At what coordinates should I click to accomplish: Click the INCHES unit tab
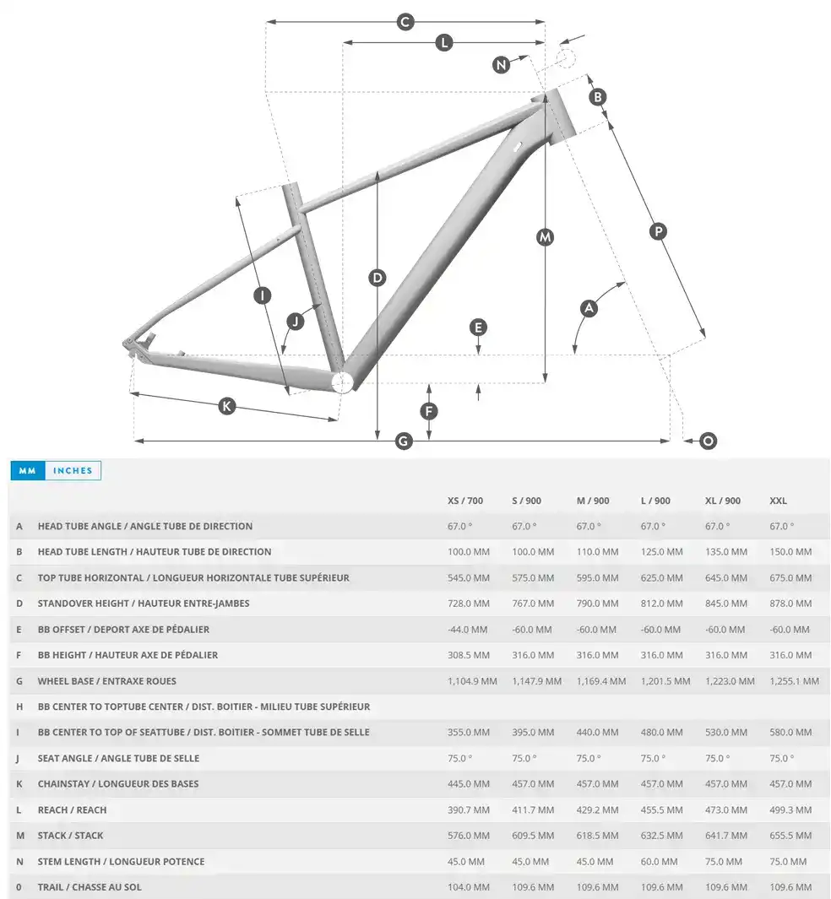click(72, 470)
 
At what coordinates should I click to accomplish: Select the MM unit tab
click(27, 470)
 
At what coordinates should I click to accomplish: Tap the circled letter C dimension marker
click(405, 22)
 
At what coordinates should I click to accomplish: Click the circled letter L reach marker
click(444, 43)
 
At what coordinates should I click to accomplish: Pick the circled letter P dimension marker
click(658, 230)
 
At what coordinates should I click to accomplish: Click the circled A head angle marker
click(589, 308)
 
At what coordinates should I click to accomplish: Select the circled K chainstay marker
click(226, 406)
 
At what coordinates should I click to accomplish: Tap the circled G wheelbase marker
click(404, 441)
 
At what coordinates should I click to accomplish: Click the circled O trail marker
click(708, 441)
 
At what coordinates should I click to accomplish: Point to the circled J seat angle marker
click(295, 321)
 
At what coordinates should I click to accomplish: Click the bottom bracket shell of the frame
click(341, 382)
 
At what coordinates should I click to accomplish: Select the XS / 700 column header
click(465, 501)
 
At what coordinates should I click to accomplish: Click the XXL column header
click(779, 501)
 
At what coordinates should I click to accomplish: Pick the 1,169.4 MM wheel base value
click(601, 681)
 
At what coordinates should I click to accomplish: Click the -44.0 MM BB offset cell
click(468, 630)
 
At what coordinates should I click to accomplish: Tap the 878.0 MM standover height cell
click(790, 604)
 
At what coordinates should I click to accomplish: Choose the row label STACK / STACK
click(71, 836)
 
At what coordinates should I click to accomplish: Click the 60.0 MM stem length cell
click(660, 862)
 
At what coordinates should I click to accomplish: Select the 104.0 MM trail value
click(468, 887)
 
